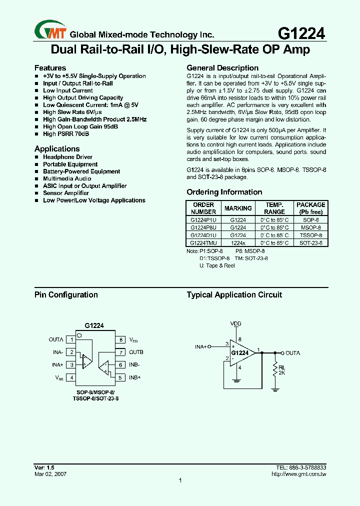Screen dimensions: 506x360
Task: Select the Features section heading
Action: pyautogui.click(x=50, y=68)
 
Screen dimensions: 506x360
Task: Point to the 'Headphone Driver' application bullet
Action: pyautogui.click(x=67, y=157)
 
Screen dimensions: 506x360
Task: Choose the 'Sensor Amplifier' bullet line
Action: pyautogui.click(x=66, y=193)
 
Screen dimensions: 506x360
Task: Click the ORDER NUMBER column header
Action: pyautogui.click(x=203, y=208)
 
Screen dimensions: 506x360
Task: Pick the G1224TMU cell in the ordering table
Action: pyautogui.click(x=203, y=242)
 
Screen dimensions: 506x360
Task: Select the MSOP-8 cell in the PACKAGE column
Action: pyautogui.click(x=310, y=227)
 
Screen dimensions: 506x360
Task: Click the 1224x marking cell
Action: pyautogui.click(x=238, y=242)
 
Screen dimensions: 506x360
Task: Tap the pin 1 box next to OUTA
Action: pyautogui.click(x=72, y=339)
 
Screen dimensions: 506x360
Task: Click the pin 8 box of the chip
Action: pyautogui.click(x=121, y=339)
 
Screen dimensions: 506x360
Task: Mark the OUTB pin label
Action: pyautogui.click(x=136, y=352)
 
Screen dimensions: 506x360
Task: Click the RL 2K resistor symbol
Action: pyautogui.click(x=274, y=370)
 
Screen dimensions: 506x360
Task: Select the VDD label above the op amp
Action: pyautogui.click(x=235, y=324)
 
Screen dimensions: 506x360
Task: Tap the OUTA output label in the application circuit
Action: pyautogui.click(x=292, y=353)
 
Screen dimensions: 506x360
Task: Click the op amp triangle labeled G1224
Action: pyautogui.click(x=241, y=353)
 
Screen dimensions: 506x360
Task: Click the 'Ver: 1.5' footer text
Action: pyautogui.click(x=44, y=467)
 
